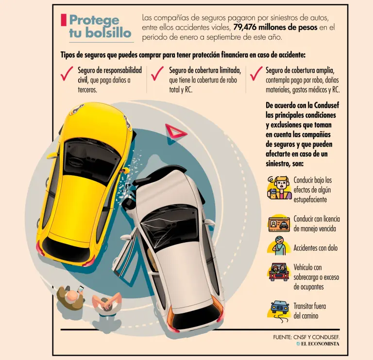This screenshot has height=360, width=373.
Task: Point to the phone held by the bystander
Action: pos(81,289)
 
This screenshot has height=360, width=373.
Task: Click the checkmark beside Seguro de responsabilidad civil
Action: pos(67,73)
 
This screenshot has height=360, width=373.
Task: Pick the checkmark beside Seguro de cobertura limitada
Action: pos(157,73)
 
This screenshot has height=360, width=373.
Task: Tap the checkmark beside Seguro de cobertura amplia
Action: pos(256,73)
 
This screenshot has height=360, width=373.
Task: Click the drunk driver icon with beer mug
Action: pos(279,188)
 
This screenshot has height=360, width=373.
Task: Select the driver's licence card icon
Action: pos(279,224)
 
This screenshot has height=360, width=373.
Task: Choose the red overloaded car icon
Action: pos(279,272)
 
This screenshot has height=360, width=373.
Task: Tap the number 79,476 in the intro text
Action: pos(244,27)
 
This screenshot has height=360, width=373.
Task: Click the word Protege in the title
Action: pos(94,21)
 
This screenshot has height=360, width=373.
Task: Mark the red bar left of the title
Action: pos(64,20)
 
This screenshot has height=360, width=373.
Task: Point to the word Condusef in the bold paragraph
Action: pos(326,105)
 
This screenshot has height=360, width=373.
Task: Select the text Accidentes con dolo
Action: pos(315,248)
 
